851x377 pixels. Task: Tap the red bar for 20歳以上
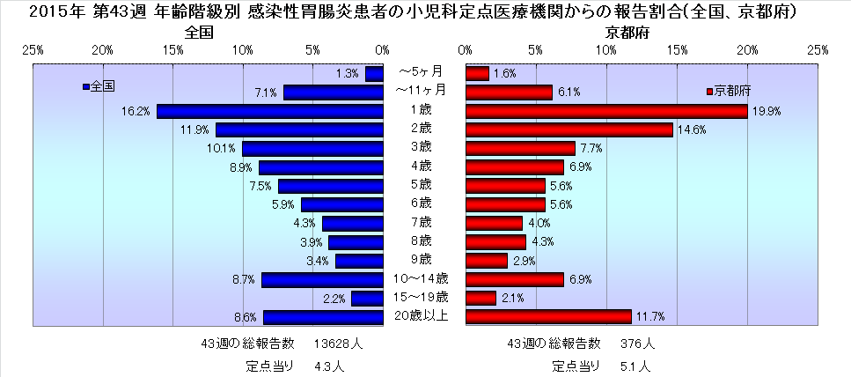547,317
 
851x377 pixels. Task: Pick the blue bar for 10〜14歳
322,280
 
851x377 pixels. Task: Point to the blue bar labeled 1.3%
374,74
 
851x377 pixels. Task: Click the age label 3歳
420,146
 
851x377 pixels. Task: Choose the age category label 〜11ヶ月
421,90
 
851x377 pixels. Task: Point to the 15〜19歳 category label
421,297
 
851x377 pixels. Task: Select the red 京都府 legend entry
727,91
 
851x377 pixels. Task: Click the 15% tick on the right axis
676,49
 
